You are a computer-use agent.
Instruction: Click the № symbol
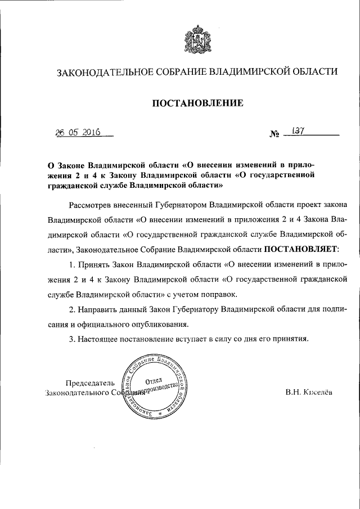(x=274, y=135)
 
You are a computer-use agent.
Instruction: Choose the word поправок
(x=222, y=294)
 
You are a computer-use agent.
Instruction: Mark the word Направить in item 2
(x=96, y=309)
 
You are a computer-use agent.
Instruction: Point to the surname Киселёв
(x=318, y=393)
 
